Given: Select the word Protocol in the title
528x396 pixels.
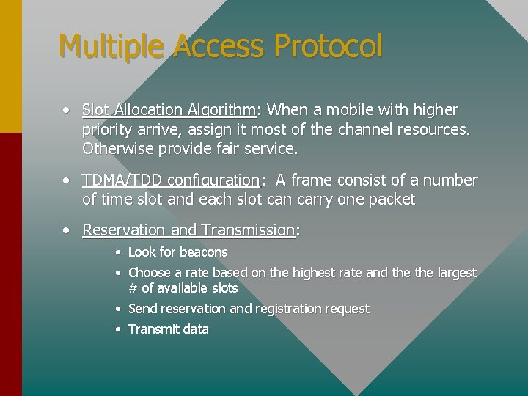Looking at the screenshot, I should pyautogui.click(x=328, y=46).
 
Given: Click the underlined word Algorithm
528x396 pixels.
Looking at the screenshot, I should pyautogui.click(x=221, y=110).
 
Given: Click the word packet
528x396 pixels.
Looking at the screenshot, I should pyautogui.click(x=392, y=199).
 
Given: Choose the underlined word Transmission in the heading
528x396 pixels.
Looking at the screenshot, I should pyautogui.click(x=248, y=230).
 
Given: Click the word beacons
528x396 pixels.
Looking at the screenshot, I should pyautogui.click(x=203, y=252).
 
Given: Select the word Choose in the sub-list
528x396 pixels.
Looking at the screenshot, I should pyautogui.click(x=149, y=273).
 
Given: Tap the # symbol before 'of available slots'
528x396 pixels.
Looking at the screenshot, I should pyautogui.click(x=133, y=288).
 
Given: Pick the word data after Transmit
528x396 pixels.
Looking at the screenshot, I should pyautogui.click(x=196, y=329).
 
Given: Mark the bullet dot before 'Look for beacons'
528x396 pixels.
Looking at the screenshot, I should pyautogui.click(x=117, y=252).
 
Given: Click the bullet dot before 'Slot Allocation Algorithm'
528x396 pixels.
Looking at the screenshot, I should pyautogui.click(x=67, y=110).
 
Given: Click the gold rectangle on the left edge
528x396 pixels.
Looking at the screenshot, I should pyautogui.click(x=11, y=66).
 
